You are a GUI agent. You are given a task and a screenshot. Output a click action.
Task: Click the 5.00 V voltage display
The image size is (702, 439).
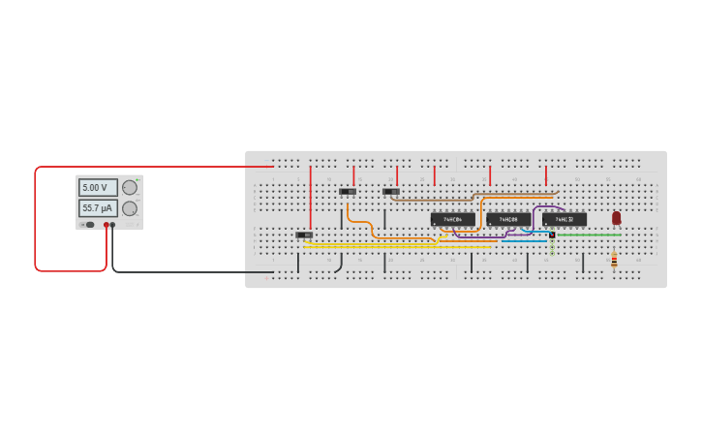tap(98, 188)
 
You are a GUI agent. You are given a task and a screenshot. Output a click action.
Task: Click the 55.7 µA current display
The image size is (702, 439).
tap(98, 208)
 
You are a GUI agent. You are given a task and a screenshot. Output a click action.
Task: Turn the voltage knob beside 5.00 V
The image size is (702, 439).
tap(129, 188)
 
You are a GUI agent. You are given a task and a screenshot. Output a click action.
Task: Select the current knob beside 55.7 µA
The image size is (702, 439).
tap(129, 208)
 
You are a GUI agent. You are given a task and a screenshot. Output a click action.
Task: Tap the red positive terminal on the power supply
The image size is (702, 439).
tap(107, 225)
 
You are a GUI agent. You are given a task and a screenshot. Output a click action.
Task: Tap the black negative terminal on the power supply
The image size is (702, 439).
tap(112, 225)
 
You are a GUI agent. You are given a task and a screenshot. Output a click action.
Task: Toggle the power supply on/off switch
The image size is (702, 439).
tap(89, 225)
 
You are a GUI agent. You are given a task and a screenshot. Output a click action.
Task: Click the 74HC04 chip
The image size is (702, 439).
tap(452, 220)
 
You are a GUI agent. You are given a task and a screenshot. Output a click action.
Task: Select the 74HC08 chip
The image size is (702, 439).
tap(508, 220)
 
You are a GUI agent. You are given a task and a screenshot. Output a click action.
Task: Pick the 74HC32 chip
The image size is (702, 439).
tap(565, 220)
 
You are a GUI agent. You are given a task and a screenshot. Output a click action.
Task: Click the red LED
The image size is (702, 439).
tap(616, 218)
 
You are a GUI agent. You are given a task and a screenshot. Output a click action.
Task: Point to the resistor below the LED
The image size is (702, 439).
tap(614, 260)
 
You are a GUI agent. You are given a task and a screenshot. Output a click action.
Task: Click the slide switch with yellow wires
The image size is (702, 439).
tap(304, 235)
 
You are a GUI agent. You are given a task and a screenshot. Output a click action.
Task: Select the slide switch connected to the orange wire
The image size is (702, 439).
tap(348, 192)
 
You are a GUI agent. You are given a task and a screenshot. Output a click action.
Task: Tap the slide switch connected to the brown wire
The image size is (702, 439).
tap(391, 192)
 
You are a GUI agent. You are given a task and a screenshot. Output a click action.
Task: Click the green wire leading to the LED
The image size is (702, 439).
tap(586, 235)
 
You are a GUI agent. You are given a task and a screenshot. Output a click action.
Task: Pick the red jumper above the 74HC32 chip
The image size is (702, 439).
tap(546, 175)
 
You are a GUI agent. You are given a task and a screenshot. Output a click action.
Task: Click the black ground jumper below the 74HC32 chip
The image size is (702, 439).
tap(583, 263)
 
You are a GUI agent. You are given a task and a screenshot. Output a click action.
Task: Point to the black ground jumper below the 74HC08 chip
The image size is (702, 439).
tap(528, 263)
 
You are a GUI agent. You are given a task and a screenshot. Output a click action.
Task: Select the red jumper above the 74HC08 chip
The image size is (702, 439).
tap(490, 175)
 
